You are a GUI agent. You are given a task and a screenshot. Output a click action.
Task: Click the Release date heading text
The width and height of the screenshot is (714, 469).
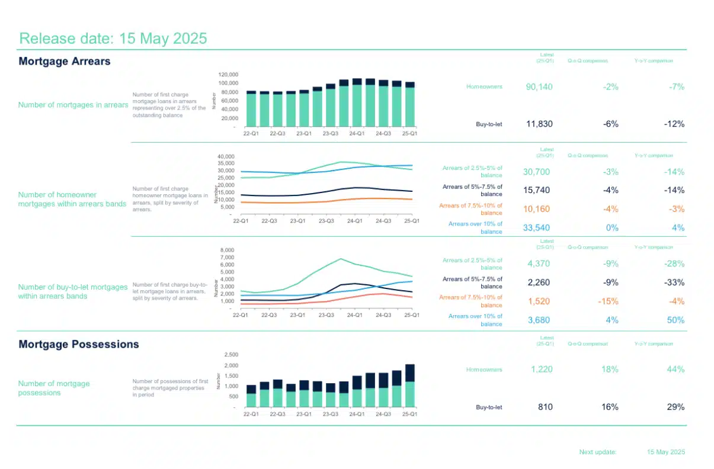pos(113,38)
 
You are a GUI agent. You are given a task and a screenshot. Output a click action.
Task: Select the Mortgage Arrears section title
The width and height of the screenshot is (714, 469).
pos(65,61)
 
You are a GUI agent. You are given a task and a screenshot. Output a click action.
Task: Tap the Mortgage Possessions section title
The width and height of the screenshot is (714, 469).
pos(79,344)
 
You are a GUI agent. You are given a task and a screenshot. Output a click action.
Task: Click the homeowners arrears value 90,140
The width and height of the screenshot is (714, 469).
pos(539,86)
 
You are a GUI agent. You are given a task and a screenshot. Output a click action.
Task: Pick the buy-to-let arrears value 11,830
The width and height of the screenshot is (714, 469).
pos(539,124)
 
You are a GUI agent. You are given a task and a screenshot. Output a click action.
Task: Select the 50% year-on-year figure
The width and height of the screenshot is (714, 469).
pos(675,320)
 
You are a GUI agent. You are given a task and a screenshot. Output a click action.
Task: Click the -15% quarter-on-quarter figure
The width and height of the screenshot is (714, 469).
pos(608,301)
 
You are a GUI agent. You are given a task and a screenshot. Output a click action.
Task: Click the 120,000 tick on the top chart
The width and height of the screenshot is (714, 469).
pos(229,75)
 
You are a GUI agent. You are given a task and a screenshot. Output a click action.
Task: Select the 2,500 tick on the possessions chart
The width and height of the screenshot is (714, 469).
pos(230,354)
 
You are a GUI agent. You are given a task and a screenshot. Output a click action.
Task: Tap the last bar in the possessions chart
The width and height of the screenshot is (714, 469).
pos(409,386)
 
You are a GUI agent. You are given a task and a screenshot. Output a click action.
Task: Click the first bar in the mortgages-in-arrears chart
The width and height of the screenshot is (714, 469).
pos(251,110)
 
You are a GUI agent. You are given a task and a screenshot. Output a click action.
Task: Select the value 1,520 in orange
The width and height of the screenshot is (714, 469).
pos(539,301)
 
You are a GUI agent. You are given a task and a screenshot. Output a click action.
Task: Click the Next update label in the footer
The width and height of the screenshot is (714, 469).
pos(598,452)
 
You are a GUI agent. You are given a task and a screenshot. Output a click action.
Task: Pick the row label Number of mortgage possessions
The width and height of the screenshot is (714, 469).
pos(54,388)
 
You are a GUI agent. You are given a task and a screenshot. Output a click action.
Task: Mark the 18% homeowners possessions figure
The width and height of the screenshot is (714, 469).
pos(610,369)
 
